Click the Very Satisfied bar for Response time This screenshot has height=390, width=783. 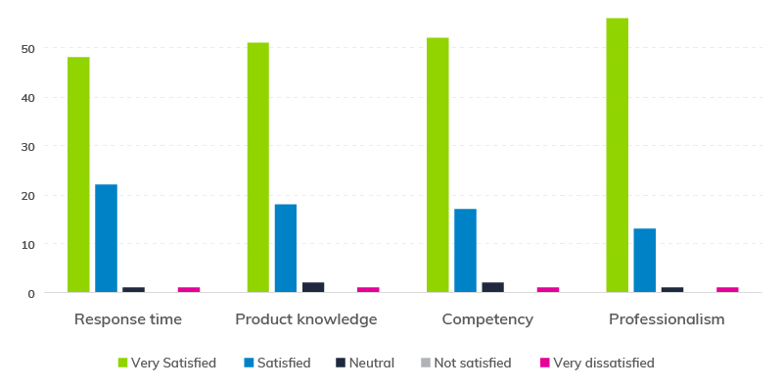78,174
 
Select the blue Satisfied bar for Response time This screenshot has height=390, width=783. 106,238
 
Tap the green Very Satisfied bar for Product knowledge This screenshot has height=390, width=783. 257,167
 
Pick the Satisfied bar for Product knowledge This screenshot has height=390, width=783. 286,248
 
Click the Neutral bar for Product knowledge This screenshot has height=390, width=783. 313,287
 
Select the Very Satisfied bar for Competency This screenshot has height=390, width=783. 438,165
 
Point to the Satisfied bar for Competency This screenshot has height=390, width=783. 465,250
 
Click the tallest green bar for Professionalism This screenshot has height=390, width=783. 617,155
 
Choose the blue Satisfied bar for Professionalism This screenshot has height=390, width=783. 644,260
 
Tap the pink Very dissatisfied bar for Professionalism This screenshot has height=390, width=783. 727,289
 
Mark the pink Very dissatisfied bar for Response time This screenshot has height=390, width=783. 189,289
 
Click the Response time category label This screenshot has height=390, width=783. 128,319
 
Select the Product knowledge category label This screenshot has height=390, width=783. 306,319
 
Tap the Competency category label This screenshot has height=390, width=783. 487,319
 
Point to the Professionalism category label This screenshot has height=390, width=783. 667,319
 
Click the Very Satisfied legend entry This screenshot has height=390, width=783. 166,363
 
